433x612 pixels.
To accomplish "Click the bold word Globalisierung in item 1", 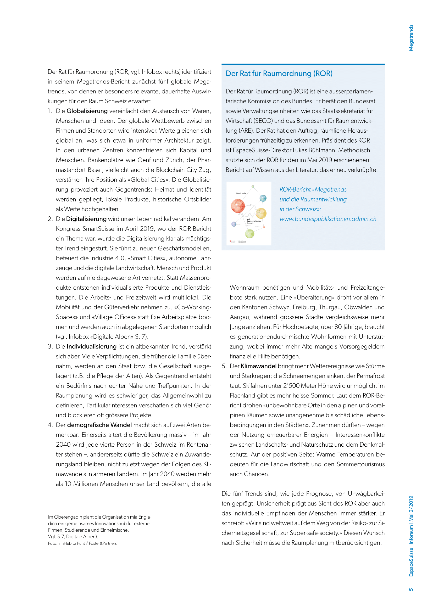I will tap(87, 111).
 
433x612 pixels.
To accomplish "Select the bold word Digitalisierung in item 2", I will tap(86, 219).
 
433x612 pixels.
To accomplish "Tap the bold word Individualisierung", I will tap(91, 346).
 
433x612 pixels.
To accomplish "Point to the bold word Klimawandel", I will tap(258, 366).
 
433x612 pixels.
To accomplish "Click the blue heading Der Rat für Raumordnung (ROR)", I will tap(279, 74).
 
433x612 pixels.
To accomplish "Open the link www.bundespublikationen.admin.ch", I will tap(328, 219).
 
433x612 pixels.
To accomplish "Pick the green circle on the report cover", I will tap(249, 234).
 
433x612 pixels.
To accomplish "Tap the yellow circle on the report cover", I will tap(261, 213).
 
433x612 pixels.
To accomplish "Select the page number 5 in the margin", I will tap(411, 589).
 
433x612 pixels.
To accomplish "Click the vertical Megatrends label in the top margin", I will tap(411, 38).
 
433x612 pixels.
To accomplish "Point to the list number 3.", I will tap(50, 346).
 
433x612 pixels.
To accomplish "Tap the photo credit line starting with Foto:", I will tap(82, 543).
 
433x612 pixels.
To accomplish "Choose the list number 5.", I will tap(224, 366).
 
